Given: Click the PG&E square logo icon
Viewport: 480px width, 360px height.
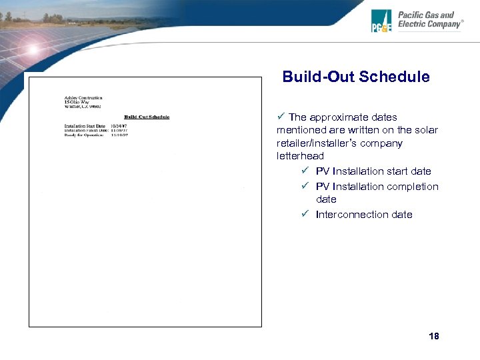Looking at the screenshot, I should (x=381, y=21).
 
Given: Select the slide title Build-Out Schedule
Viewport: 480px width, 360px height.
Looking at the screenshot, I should (x=356, y=77).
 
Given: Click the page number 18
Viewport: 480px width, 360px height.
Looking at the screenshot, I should (x=434, y=336).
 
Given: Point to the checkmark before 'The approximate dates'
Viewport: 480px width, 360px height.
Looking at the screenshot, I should (x=281, y=117).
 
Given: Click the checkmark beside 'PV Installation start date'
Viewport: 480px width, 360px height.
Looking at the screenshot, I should (x=303, y=171).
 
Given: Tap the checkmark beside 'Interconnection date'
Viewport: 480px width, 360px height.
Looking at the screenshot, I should (x=303, y=214).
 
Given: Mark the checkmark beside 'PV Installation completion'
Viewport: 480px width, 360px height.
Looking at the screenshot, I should (x=303, y=186).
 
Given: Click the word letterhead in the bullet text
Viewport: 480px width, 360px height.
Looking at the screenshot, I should (x=300, y=155).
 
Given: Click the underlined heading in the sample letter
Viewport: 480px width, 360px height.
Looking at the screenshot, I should (x=147, y=117).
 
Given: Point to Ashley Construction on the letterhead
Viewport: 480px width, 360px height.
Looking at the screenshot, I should (x=83, y=97).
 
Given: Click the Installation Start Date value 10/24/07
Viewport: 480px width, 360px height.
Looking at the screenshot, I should (x=119, y=125).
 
